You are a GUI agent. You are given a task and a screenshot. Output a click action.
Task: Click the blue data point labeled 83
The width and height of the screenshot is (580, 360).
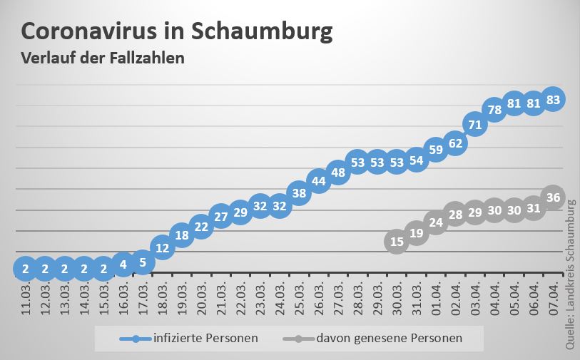[x=553, y=99]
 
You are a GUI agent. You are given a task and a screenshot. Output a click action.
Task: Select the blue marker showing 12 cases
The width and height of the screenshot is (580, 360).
[x=163, y=248]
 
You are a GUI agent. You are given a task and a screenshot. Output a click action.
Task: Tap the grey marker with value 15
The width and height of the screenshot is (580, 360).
[x=397, y=242]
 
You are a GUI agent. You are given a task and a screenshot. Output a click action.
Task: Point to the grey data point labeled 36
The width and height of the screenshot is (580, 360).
[x=553, y=197]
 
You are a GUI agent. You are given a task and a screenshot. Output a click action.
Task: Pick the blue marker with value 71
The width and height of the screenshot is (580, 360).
[x=475, y=125]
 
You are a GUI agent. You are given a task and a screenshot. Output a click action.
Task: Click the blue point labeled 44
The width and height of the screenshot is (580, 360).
[x=319, y=180]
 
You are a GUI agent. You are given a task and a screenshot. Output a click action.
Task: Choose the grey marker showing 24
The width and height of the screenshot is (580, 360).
[x=436, y=222]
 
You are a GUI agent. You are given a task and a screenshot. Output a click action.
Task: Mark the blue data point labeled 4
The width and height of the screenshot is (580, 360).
[x=123, y=264]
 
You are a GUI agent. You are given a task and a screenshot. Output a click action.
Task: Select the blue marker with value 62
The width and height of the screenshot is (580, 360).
[x=455, y=143]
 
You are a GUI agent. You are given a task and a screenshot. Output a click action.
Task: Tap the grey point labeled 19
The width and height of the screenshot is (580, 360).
[x=417, y=232]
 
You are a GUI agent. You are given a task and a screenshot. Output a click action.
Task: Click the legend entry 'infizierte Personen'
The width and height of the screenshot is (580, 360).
[x=205, y=338]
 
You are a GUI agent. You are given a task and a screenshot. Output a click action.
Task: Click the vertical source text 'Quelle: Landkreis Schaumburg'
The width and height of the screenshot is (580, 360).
[x=571, y=274]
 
